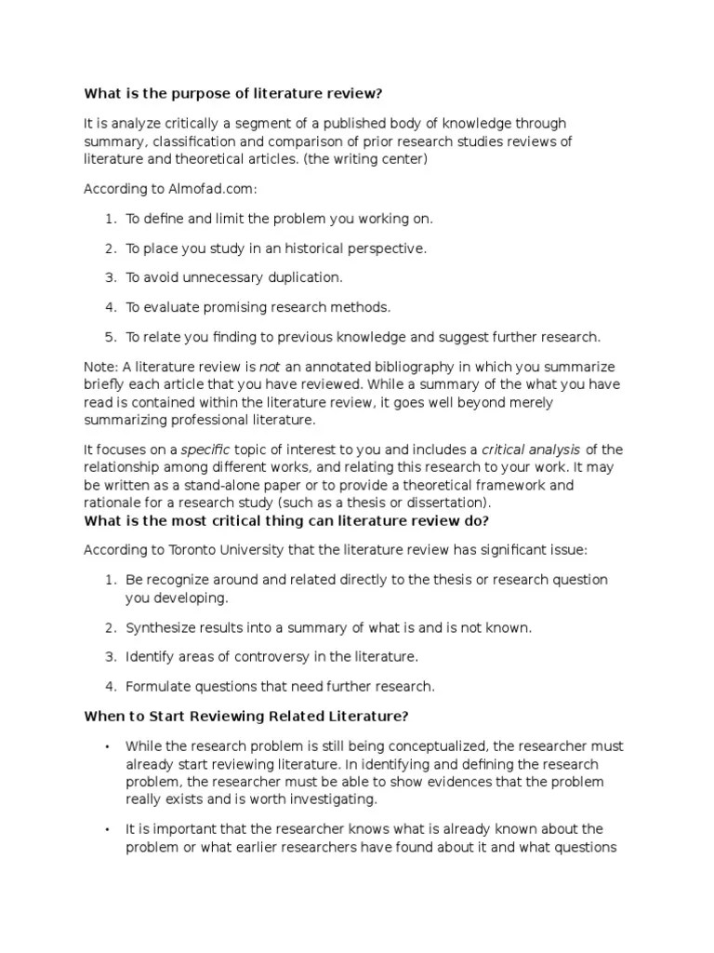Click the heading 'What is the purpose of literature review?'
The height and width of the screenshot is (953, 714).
[x=233, y=93]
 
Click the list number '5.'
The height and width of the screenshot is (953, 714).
[x=110, y=337]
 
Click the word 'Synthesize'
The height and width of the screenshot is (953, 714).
[x=159, y=628]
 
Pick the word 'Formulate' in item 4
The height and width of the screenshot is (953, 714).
[x=156, y=687]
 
